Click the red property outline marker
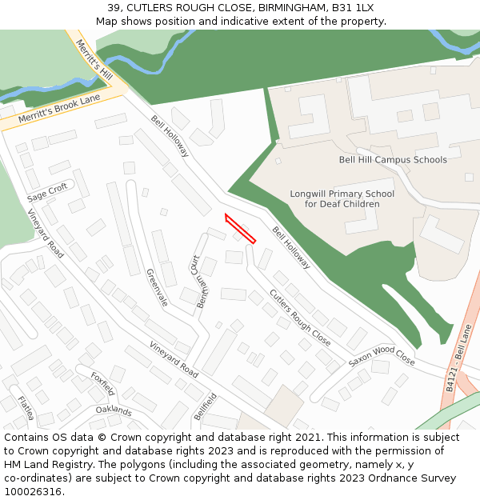(240, 228)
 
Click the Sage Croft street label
(47, 193)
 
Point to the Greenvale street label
(157, 287)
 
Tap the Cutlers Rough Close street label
(299, 317)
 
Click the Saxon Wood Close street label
(382, 356)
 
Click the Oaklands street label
(113, 410)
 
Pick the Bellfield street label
(205, 406)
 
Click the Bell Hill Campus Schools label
(393, 160)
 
